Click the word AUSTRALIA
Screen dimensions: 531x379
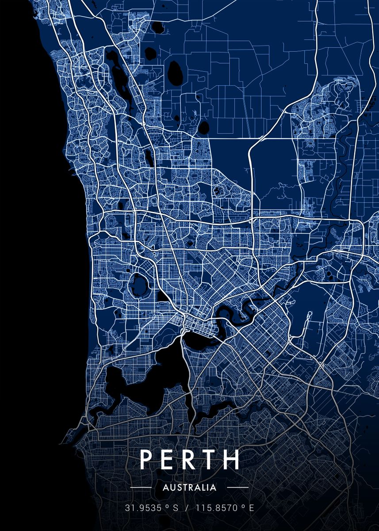tap(189, 488)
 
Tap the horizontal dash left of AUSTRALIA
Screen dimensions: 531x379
tap(141, 488)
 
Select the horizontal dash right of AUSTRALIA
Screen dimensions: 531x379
tap(237, 488)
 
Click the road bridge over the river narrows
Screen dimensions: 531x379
tap(183, 330)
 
